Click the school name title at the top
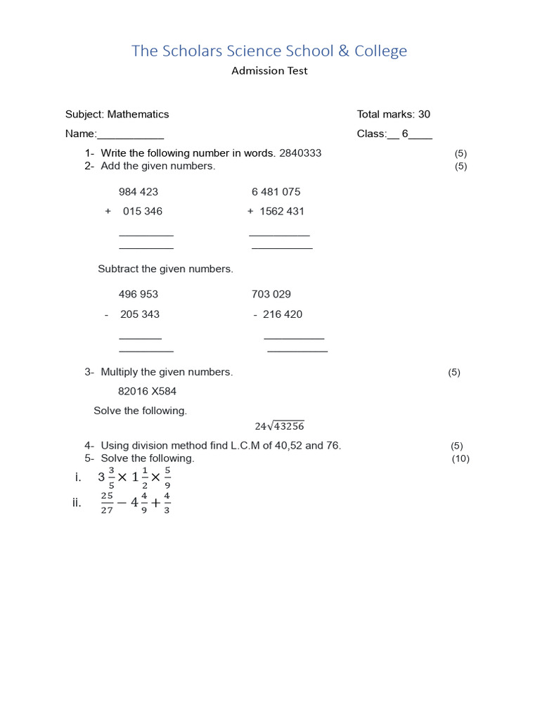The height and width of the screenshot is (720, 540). [x=269, y=51]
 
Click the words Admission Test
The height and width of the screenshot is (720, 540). [x=269, y=71]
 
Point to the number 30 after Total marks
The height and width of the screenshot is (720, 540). [x=424, y=115]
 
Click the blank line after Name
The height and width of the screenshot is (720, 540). [x=130, y=134]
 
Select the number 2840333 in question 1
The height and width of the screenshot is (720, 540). [x=300, y=153]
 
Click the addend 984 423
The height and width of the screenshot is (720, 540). [x=139, y=192]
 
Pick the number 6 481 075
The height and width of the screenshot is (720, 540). [x=276, y=192]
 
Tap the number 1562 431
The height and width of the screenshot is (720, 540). [x=282, y=212]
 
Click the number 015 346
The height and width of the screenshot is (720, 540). [x=143, y=212]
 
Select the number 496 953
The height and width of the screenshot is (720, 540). [x=139, y=295]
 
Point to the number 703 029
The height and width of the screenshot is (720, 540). [x=271, y=295]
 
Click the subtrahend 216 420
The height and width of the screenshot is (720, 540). [x=283, y=314]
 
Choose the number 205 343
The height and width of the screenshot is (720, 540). [x=140, y=314]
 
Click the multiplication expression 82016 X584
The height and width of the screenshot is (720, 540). [x=147, y=392]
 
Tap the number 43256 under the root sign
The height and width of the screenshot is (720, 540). [x=288, y=426]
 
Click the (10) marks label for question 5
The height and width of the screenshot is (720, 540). [x=461, y=459]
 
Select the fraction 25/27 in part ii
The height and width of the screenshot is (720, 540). [x=107, y=503]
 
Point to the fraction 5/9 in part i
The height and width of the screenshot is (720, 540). [x=167, y=477]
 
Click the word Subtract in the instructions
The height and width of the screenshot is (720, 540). [x=118, y=269]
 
